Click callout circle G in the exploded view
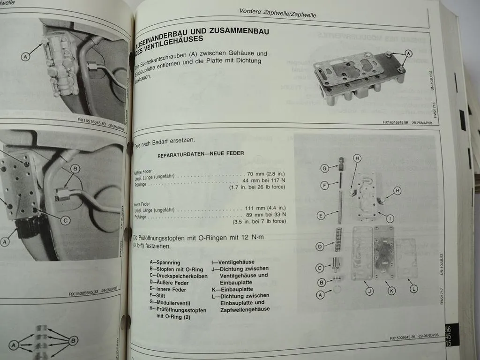[324, 168]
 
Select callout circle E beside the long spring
[321, 216]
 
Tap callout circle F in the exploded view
[324, 185]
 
